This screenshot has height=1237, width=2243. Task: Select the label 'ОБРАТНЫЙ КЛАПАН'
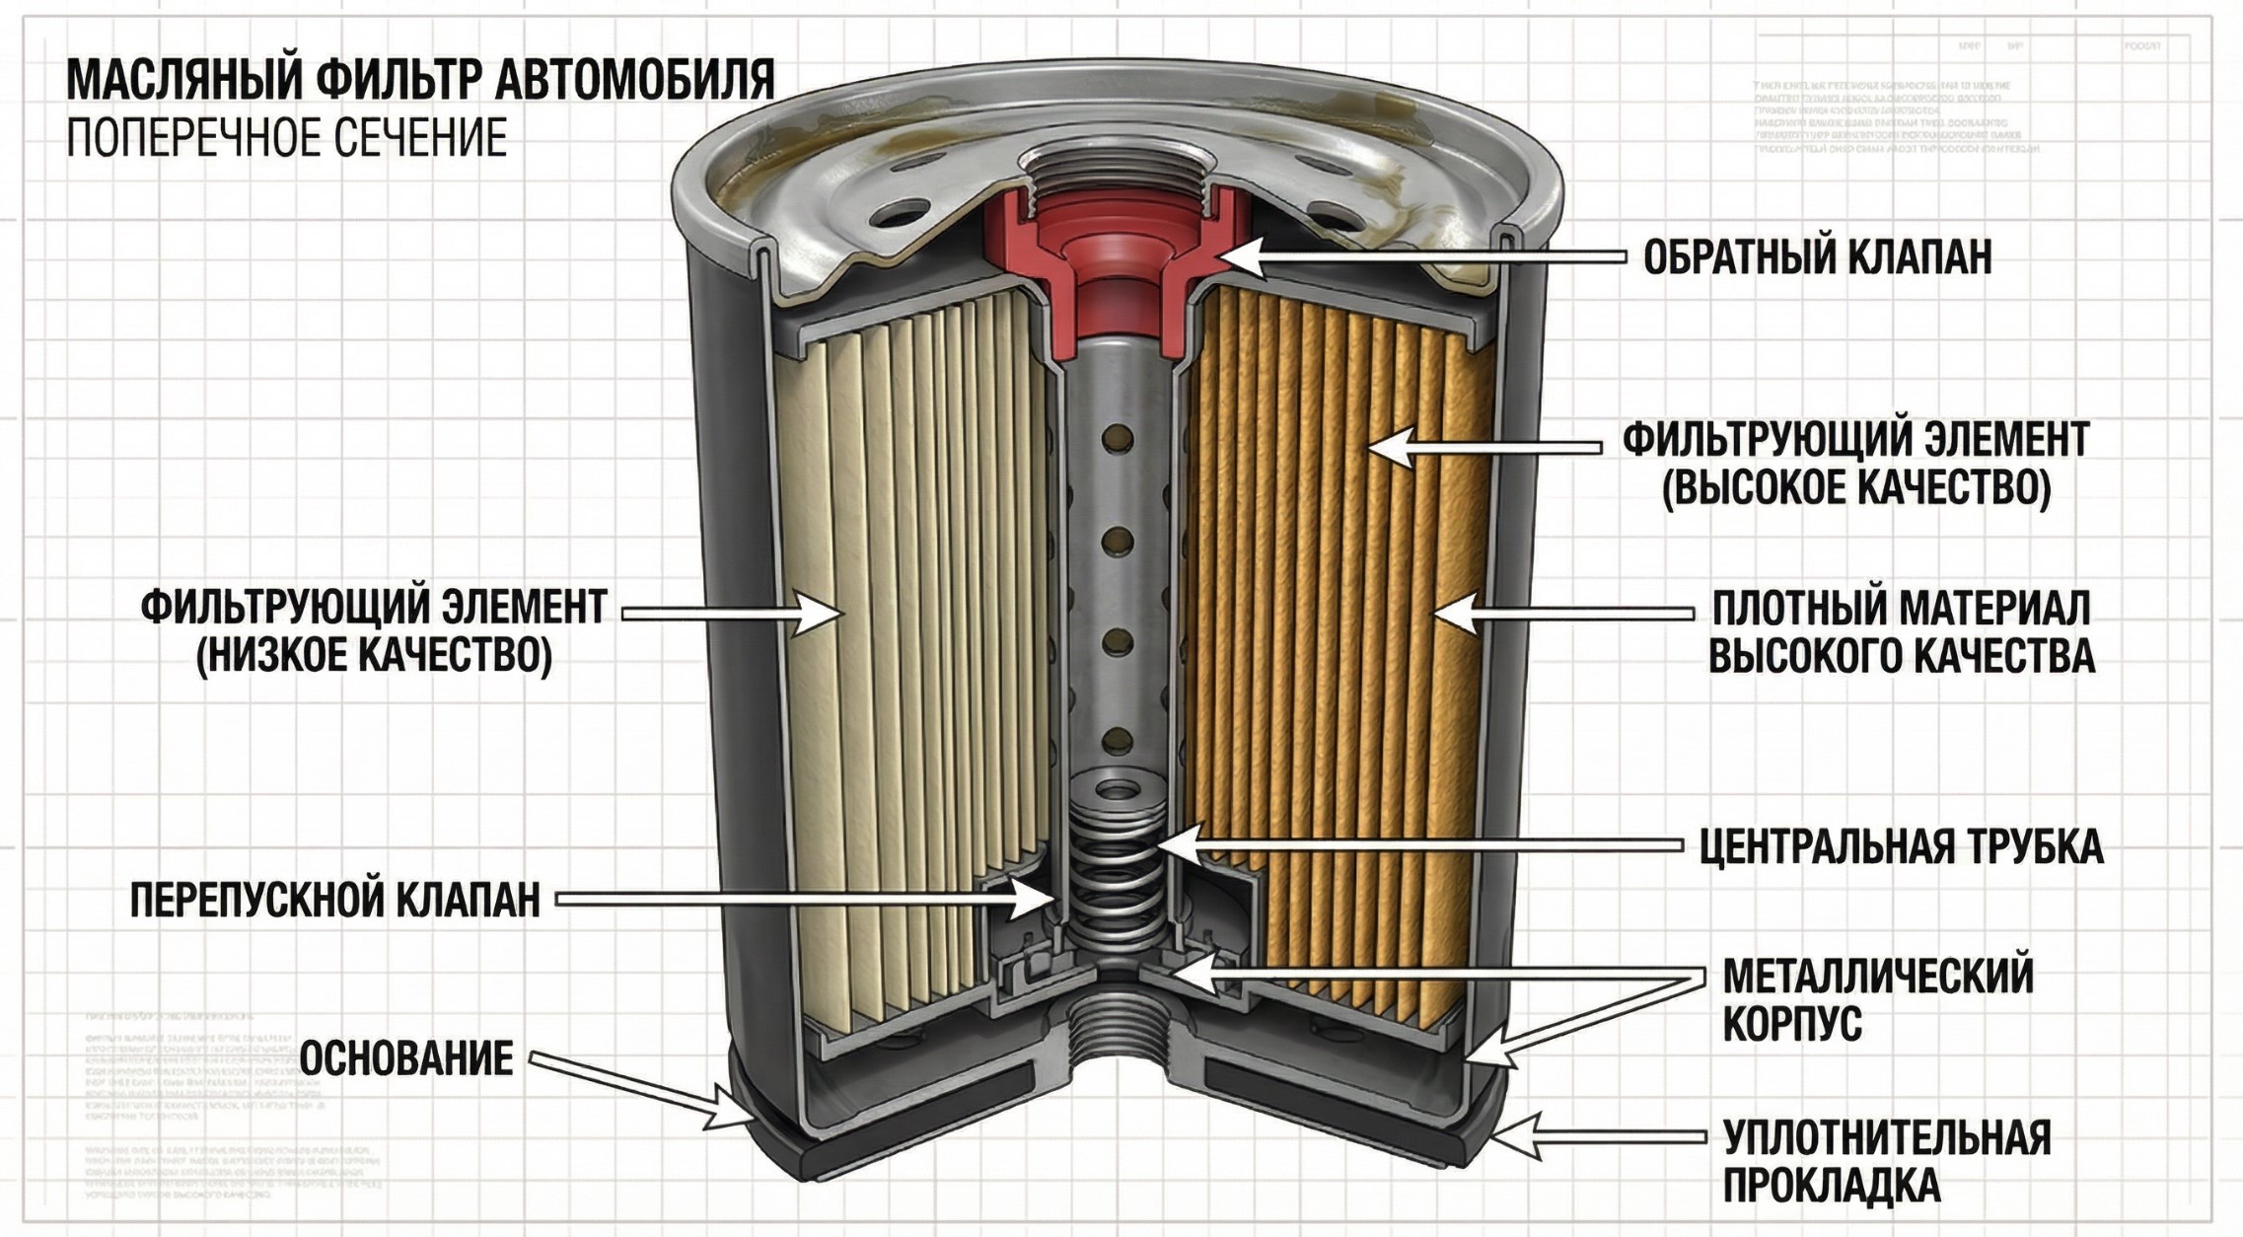tap(1817, 257)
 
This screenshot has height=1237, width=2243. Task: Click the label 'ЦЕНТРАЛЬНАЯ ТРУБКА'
tap(1901, 846)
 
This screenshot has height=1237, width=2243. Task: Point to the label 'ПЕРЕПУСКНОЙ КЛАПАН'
tap(335, 900)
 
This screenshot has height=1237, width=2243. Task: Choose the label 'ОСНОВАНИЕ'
tap(405, 1059)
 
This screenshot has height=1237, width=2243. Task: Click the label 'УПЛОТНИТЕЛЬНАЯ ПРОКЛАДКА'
tap(1885, 1161)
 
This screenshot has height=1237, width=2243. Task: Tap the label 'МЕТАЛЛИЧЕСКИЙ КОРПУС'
tap(1877, 999)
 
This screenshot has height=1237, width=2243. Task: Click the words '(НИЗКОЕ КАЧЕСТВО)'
tap(374, 656)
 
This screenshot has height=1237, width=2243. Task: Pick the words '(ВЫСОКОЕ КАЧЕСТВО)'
tap(1856, 488)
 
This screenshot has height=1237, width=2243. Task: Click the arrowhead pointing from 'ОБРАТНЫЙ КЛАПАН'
tap(1229, 256)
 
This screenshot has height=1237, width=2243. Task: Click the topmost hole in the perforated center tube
tap(1118, 436)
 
